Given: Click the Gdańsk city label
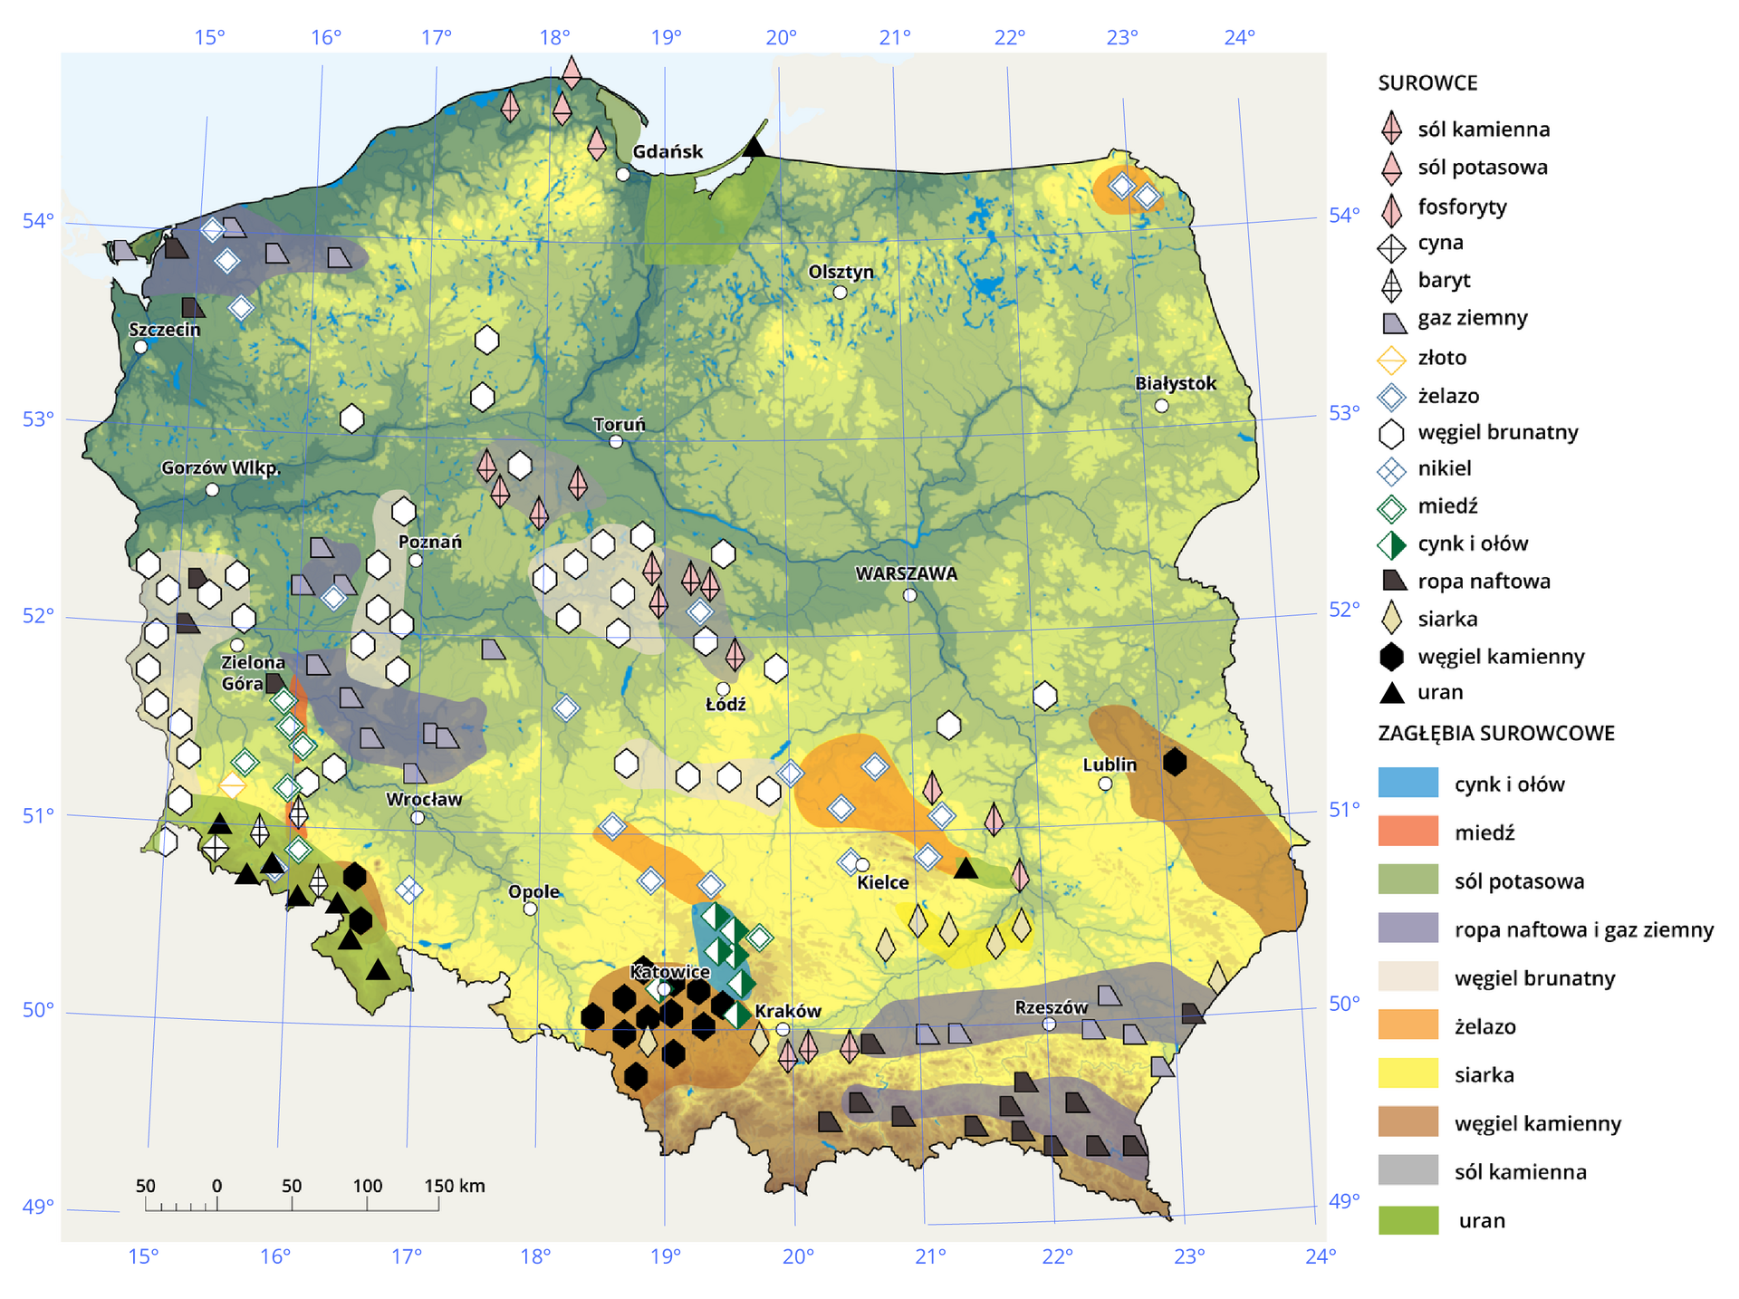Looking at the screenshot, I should click(x=667, y=152).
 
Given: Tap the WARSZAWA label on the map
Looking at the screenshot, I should click(x=906, y=573).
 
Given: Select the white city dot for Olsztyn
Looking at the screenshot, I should click(x=840, y=293).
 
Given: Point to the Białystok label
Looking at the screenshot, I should click(x=1175, y=383).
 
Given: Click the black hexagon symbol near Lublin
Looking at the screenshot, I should click(x=1174, y=762).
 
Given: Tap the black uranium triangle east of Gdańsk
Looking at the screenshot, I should click(x=754, y=147).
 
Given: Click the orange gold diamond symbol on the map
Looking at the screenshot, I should click(x=232, y=785).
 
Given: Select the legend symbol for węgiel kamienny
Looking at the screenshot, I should click(x=1391, y=657).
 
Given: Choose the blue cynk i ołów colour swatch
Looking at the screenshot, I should click(x=1408, y=783).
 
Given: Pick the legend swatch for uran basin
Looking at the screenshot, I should click(x=1408, y=1219).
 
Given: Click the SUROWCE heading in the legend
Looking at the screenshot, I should click(x=1427, y=83).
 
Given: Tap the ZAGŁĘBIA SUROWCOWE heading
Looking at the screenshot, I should click(x=1496, y=733).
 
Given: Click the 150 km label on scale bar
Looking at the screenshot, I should click(x=455, y=1186).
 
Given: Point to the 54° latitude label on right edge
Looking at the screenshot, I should click(x=1344, y=216).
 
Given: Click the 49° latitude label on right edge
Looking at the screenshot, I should click(x=1344, y=1201).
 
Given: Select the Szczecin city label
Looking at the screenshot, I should click(x=164, y=330).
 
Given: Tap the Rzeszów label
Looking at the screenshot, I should click(x=1051, y=1007).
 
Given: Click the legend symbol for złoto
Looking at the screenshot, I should click(x=1391, y=359).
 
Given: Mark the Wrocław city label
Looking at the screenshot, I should click(x=423, y=799).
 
